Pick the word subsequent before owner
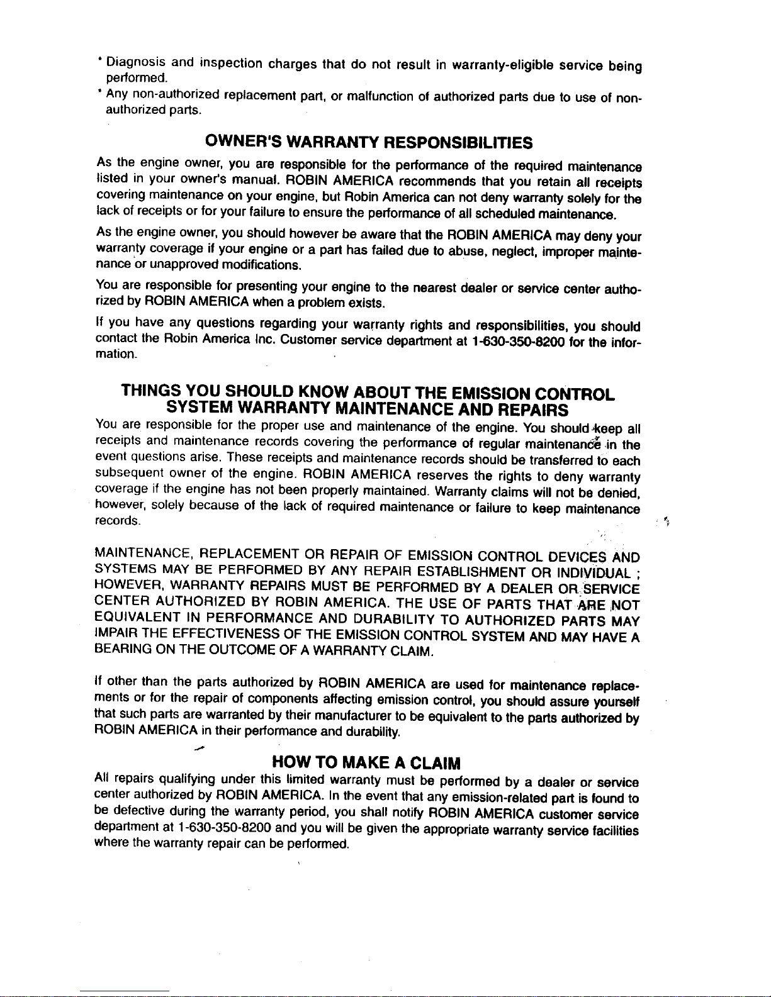[x=132, y=477]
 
